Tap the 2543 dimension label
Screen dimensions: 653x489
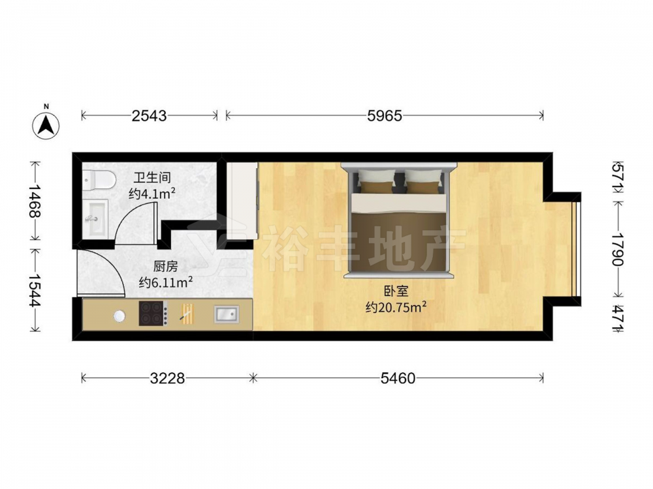[x=149, y=115]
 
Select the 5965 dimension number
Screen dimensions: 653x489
[x=385, y=115]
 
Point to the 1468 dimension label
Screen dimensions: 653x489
[x=35, y=201]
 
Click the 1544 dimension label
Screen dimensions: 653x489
[x=35, y=290]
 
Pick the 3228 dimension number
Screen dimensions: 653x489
[x=167, y=378]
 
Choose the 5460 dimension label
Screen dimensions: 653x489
[x=398, y=378]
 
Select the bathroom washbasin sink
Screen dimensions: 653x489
[x=95, y=218]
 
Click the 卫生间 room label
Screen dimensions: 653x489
[x=152, y=178]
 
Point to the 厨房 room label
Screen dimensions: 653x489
[x=165, y=266]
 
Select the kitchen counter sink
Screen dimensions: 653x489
[x=227, y=314]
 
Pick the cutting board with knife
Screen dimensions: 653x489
[x=187, y=314]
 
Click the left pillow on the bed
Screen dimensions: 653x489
[x=377, y=181]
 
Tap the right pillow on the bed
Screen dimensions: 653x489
[x=423, y=181]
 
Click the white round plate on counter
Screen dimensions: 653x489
[x=119, y=316]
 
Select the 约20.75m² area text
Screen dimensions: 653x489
[x=396, y=308]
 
